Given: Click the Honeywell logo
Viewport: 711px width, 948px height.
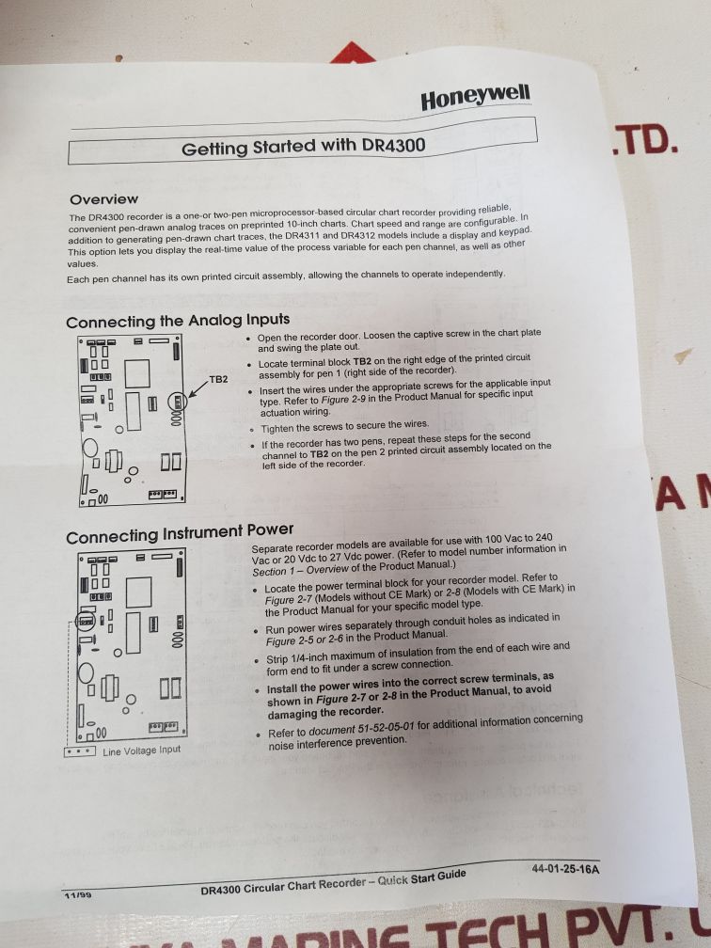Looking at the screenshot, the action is pos(475,98).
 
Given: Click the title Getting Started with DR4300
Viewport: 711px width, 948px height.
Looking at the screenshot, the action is pos(304,147).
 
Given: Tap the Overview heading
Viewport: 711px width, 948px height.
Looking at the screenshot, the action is pos(104,199).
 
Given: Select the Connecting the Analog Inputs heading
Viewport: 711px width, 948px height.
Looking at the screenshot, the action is pos(178,321).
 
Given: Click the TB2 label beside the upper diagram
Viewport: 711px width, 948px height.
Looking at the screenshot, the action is pos(218,379).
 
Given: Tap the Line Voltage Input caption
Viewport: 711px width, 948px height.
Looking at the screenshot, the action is pos(141,750).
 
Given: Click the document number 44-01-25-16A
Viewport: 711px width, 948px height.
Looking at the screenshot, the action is pos(565,869).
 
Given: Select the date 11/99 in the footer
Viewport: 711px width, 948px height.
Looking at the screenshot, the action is pos(78,894).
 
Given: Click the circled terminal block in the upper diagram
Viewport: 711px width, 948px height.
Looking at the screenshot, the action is pos(177,402).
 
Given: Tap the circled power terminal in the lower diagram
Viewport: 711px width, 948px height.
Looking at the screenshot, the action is pos(86,621).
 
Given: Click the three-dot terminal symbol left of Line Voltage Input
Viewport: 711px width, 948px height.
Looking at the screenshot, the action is pos(79,751).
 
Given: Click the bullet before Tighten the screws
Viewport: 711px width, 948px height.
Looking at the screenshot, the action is pos(253,430).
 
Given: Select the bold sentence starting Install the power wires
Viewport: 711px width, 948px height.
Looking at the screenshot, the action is pos(410,695).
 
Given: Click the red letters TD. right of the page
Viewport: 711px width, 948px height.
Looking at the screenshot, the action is pos(645,139).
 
